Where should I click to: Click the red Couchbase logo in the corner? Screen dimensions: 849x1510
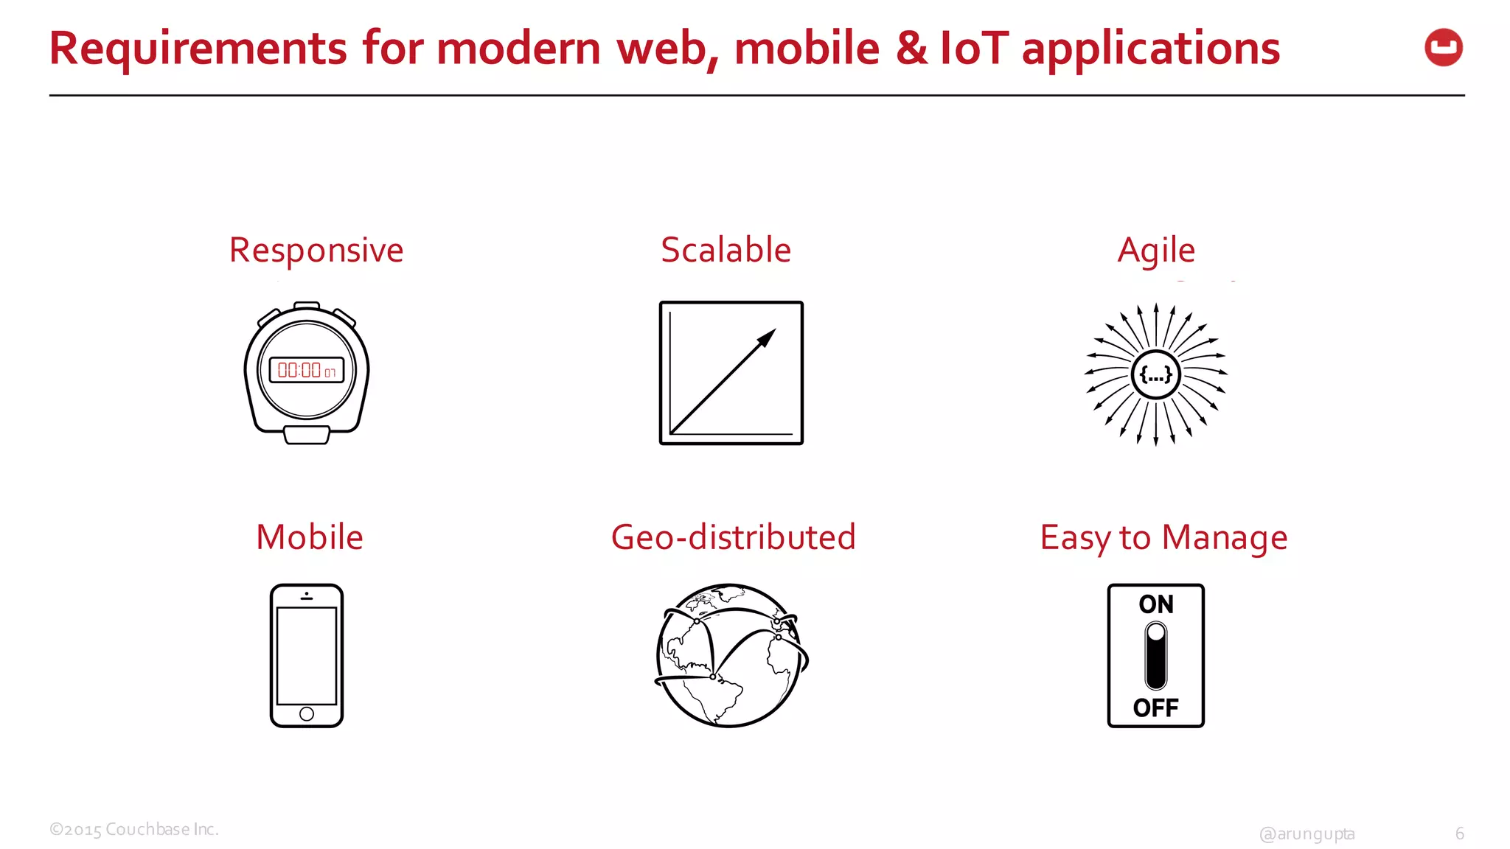[1444, 48]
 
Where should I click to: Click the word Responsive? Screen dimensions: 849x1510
[316, 251]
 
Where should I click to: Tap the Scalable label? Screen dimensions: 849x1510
[726, 250]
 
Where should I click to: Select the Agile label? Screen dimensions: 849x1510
[1155, 251]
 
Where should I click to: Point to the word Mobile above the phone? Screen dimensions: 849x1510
[309, 537]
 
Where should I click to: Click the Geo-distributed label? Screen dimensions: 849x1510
[733, 537]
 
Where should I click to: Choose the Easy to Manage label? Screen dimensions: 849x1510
[1163, 538]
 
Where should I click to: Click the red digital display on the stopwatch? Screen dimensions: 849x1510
[307, 370]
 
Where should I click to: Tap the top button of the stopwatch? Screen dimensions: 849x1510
[307, 305]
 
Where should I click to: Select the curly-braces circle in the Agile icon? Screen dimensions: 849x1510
[1155, 375]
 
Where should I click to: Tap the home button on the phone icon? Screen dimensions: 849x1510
[307, 713]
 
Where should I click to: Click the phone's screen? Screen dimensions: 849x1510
[307, 655]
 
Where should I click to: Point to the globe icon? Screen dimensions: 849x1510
[731, 655]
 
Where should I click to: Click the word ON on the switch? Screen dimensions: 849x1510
[1155, 604]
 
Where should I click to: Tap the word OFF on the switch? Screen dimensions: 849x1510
[1155, 708]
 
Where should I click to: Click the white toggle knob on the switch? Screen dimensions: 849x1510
[1156, 633]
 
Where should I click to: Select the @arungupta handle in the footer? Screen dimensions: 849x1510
[1307, 834]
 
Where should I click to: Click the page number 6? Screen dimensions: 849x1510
[1459, 834]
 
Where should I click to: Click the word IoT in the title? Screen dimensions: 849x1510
[973, 49]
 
